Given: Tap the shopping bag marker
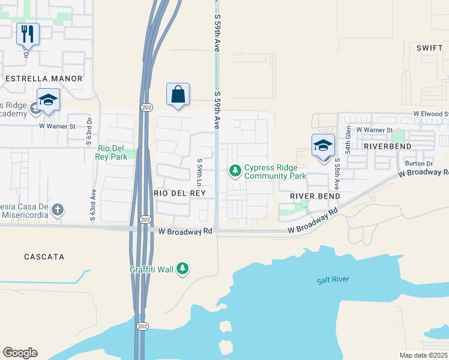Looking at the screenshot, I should pos(178,94).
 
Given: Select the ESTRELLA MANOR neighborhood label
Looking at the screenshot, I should pos(43,79).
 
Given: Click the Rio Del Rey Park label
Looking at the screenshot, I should pos(111,152).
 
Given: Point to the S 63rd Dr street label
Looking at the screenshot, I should pos(89,128).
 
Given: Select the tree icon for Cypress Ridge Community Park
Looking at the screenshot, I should pos(235,172).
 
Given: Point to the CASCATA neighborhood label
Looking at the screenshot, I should pos(44,257).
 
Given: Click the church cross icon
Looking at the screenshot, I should pos(57,210).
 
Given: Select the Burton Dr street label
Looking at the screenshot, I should pos(418,163).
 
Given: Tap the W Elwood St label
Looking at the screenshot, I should pos(430,113).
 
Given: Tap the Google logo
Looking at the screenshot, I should pos(20,353).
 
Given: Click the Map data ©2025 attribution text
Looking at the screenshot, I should pos(424,355).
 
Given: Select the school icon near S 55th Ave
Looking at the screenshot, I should pos(323,145).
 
